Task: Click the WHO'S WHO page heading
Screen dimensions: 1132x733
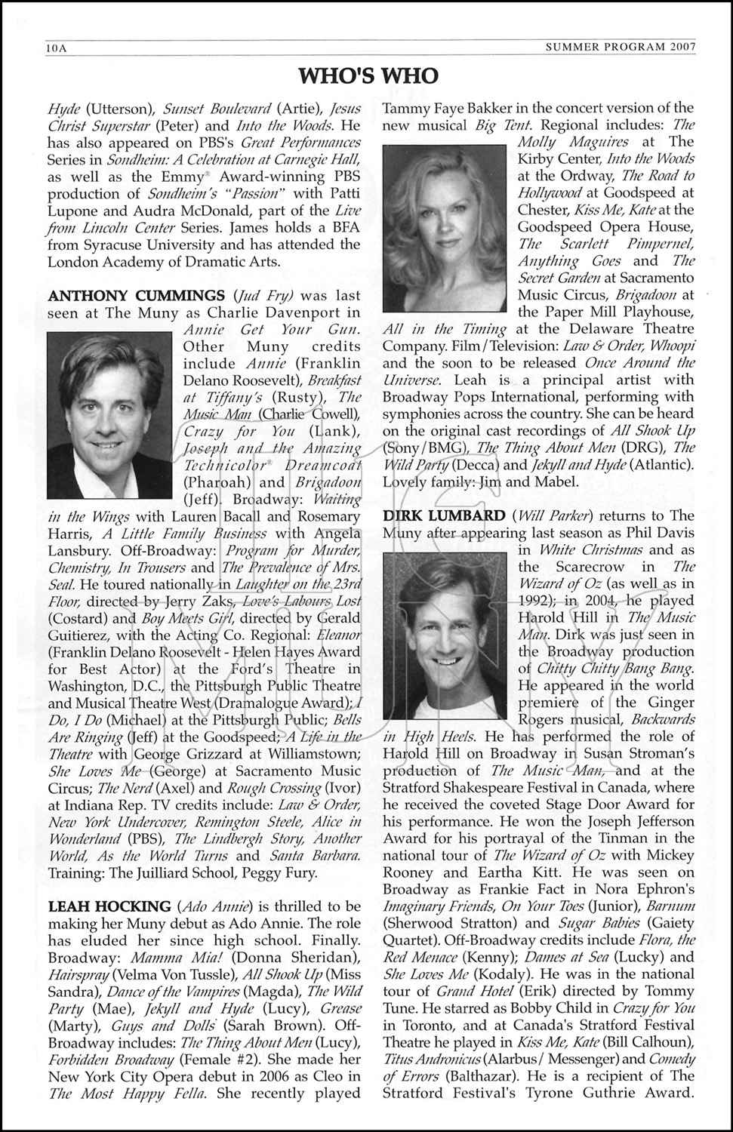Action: coord(368,76)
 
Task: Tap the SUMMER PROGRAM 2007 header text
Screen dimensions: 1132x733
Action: coord(620,48)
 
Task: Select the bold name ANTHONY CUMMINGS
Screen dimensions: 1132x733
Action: coord(136,295)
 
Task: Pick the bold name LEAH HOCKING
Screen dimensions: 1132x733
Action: coord(109,906)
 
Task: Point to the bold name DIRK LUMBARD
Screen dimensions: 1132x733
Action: coord(444,516)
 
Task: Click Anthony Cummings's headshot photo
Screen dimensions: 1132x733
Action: coord(112,417)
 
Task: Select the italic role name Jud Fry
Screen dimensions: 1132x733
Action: coord(263,295)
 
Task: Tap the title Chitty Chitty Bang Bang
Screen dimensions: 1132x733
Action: coord(615,669)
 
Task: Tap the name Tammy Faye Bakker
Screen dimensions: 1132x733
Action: coord(445,109)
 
